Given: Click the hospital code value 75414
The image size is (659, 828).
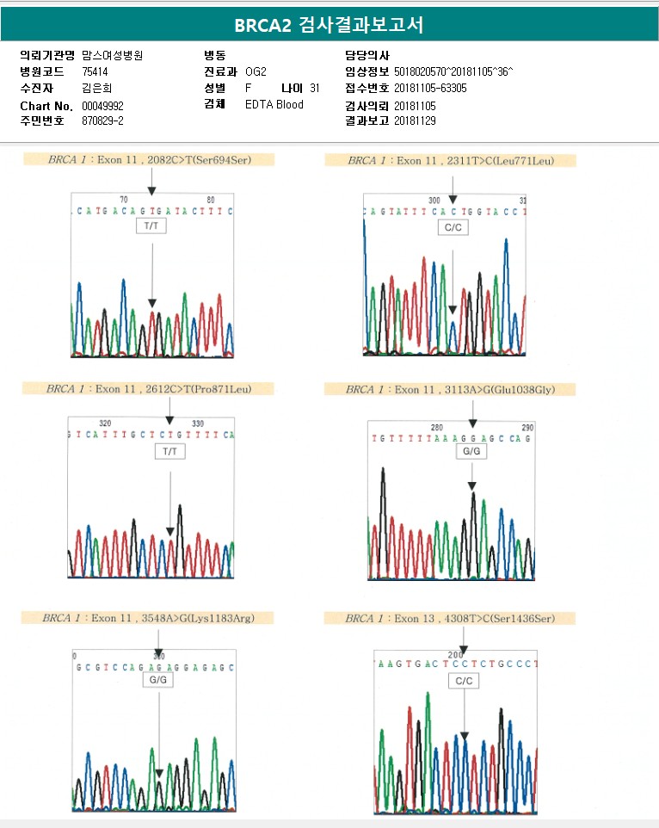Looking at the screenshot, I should pos(95,71).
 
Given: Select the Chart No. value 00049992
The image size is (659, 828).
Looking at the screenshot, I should pos(103,105).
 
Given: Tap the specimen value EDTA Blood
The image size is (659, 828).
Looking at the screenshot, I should pos(274,105).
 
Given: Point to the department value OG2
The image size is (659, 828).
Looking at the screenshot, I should pos(256,71).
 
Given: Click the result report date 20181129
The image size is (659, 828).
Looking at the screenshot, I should pos(415,121).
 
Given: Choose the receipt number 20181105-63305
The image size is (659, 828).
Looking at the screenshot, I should pos(430,88).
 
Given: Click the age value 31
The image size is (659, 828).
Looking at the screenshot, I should pos(315,88).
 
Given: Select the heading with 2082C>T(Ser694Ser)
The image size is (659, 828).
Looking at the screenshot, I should pos(149,159).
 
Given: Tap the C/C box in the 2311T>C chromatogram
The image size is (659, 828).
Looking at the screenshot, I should pos(452,228).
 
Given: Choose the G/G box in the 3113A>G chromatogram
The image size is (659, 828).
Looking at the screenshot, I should pos(471,451).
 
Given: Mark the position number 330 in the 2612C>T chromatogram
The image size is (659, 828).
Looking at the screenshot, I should pos(197,423).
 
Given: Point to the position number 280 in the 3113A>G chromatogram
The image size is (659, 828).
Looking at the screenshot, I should pos(436,427).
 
